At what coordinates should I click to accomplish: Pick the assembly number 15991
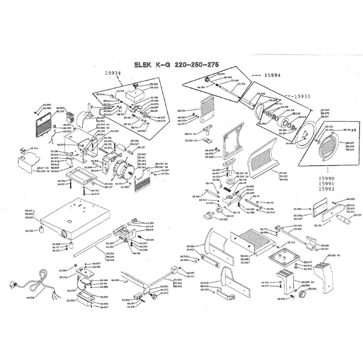pos(327,184)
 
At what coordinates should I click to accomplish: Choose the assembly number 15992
pos(327,189)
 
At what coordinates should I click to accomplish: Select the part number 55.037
pos(358,215)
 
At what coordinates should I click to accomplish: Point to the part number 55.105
pos(241,84)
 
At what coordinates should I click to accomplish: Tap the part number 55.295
pos(70,301)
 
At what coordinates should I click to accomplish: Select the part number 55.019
pos(181,111)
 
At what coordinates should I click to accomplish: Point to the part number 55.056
pos(312,289)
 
